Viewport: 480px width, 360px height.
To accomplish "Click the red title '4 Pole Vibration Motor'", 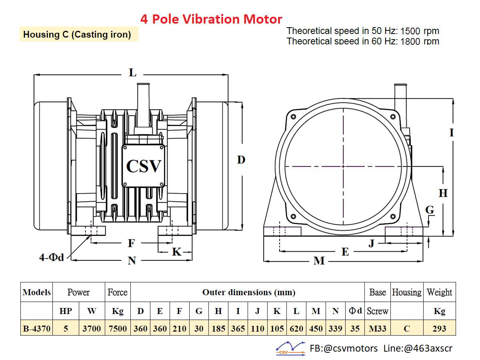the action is pos(211,19).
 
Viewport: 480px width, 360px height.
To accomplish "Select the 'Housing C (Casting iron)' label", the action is pos(77,34).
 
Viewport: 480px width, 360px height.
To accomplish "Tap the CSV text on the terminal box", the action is pos(144,166).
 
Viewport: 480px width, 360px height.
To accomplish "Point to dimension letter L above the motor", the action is pos(133,72).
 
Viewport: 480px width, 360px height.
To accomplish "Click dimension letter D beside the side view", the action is pos(241,160).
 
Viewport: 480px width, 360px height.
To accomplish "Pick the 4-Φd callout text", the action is pos(52,257).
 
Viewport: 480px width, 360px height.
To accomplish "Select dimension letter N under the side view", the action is pos(132,260).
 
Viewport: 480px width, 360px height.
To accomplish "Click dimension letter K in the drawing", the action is pos(177,252).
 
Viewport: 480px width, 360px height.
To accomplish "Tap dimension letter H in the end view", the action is pos(443,193).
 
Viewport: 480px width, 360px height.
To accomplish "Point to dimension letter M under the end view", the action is pos(319,261).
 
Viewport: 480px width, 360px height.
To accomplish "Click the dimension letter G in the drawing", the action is pos(430,210).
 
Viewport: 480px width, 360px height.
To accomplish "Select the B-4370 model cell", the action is pos(37,328).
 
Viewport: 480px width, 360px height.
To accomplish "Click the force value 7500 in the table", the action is pos(118,328).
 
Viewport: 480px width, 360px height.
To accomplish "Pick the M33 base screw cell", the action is pos(378,328).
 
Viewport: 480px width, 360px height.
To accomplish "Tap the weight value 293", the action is pos(439,328).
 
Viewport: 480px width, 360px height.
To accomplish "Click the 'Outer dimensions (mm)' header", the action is pos(249,292).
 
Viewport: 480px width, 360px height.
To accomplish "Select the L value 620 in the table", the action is pos(296,328).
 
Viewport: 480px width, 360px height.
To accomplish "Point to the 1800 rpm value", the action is pos(420,42).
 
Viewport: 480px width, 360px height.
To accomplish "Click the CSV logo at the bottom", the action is pos(291,348).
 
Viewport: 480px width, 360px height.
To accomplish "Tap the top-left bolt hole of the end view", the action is pos(294,117).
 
